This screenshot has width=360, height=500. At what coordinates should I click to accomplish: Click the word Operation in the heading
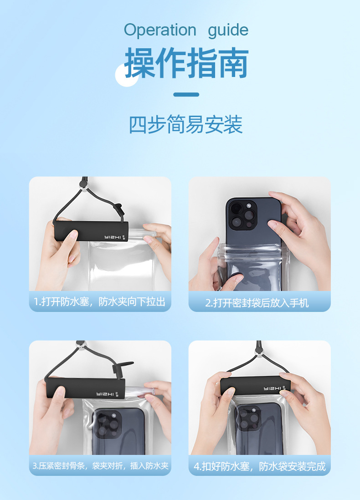[160, 31]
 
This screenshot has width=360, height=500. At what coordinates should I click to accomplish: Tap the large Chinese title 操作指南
[186, 63]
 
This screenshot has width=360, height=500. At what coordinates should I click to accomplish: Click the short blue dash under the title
[186, 94]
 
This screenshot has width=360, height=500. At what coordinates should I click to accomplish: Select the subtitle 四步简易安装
[186, 124]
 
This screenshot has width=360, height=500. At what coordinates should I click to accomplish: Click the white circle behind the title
[127, 75]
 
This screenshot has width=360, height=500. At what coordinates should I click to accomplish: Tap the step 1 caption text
[100, 301]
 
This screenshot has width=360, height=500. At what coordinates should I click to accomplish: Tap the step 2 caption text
[257, 303]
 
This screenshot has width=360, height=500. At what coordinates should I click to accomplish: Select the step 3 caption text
[100, 466]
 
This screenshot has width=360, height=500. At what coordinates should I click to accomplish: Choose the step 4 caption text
[260, 466]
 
